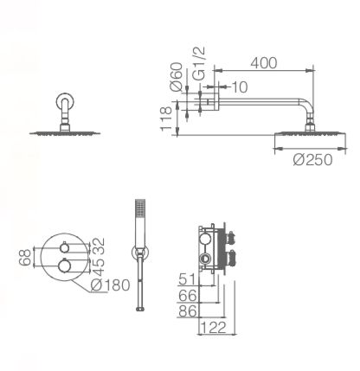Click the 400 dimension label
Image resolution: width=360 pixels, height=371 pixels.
(x=264, y=63)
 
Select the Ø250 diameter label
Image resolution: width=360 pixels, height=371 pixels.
(x=312, y=160)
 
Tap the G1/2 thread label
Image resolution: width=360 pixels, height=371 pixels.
(x=198, y=63)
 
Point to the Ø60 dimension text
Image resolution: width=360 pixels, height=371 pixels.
(x=177, y=77)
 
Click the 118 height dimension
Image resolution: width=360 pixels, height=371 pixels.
(x=166, y=118)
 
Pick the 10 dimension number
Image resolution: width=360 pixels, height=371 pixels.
(x=240, y=87)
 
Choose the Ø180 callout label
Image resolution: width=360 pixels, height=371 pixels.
(x=110, y=285)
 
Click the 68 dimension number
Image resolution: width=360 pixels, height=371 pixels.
(x=25, y=258)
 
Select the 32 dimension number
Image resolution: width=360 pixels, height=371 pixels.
(x=99, y=246)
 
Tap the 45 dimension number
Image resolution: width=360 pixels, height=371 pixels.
(x=99, y=267)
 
